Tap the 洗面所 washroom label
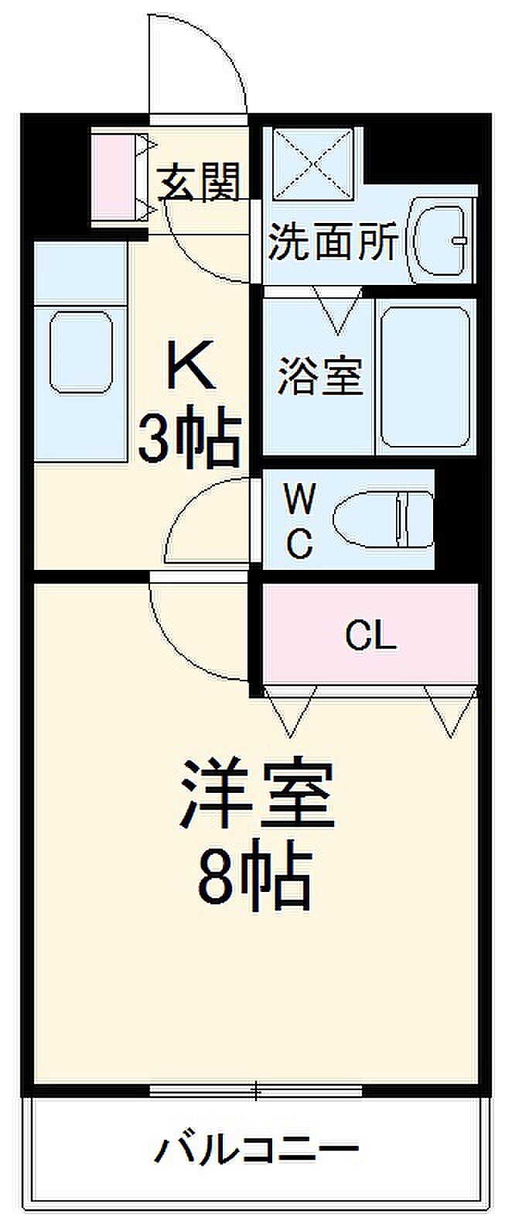point(333,242)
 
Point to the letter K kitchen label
point(189,364)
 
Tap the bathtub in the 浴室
point(426,377)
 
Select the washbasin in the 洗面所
point(441,241)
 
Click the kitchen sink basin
point(81,352)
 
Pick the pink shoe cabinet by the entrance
point(114,176)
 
